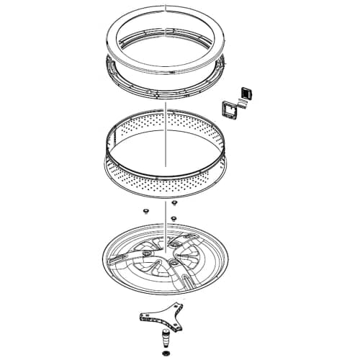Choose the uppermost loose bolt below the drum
(x=173, y=204)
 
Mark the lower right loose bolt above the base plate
(x=174, y=217)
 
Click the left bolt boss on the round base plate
(x=145, y=253)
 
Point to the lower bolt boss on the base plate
(x=174, y=264)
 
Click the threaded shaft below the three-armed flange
(x=165, y=338)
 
